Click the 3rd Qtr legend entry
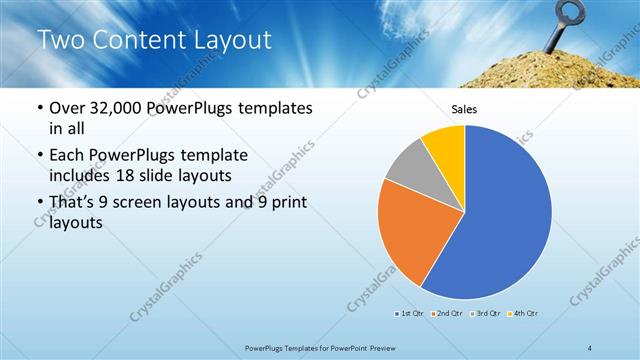(486, 314)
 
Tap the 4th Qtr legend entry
(524, 314)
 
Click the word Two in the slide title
(61, 40)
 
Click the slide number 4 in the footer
(590, 346)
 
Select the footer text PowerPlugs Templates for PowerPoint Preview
(319, 346)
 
